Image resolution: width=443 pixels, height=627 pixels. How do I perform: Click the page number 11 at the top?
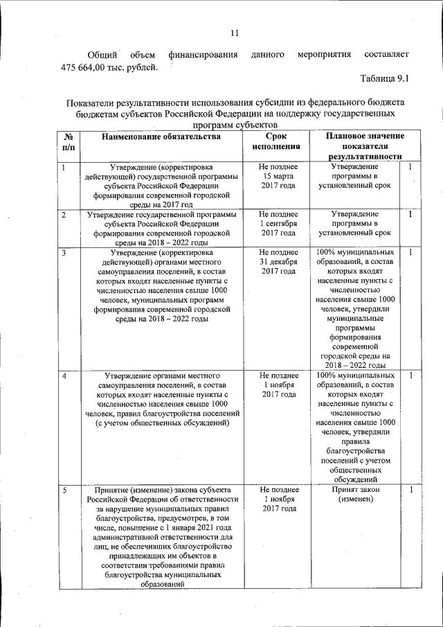[x=234, y=33]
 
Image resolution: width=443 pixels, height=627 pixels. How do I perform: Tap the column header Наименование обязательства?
[x=161, y=136]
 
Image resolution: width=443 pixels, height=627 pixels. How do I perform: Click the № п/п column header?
[x=69, y=141]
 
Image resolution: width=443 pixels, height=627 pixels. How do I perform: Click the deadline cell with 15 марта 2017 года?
[x=278, y=177]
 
